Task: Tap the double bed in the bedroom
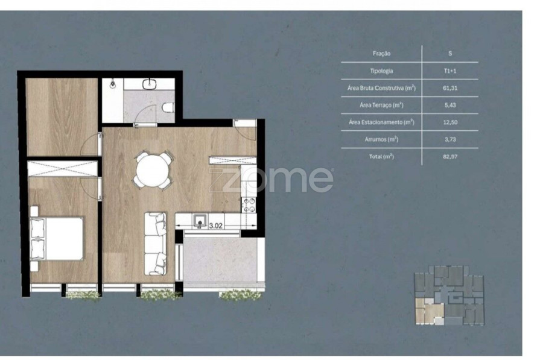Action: [x=57, y=239]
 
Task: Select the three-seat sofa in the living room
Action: [x=155, y=244]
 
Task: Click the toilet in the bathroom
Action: [x=168, y=107]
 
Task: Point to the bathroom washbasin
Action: [x=150, y=83]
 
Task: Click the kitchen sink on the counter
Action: [x=200, y=221]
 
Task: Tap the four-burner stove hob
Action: [x=249, y=204]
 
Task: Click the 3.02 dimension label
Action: [x=215, y=226]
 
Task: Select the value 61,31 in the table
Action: [x=450, y=88]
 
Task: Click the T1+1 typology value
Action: [x=450, y=71]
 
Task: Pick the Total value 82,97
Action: [x=450, y=156]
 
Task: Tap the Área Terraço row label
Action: [x=381, y=105]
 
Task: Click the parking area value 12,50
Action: [x=450, y=122]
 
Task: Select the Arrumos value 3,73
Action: [x=450, y=139]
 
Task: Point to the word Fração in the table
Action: [x=381, y=53]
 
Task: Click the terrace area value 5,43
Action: [x=450, y=105]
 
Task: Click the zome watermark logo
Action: [x=271, y=179]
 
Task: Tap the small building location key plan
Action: [x=449, y=295]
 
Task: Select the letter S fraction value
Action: [x=450, y=53]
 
